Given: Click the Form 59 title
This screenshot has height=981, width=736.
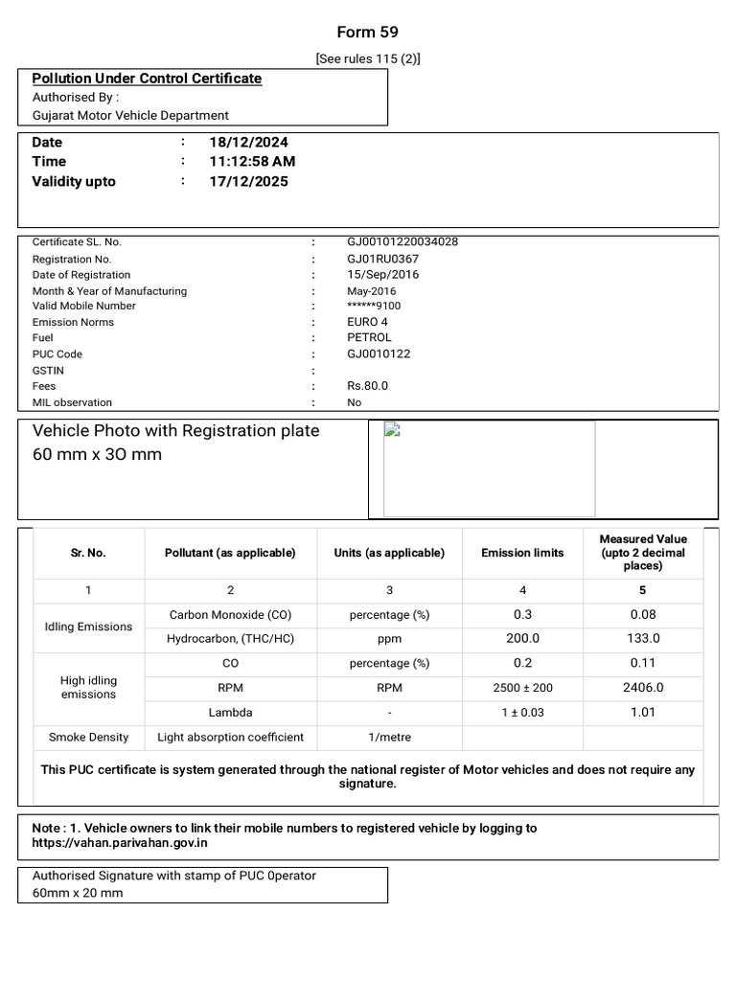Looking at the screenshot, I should [x=367, y=32].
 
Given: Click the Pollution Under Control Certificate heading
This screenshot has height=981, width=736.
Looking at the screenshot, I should [x=147, y=79].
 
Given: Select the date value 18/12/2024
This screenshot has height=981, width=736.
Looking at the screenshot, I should [x=248, y=142].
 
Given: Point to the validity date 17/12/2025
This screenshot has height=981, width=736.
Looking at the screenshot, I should [x=248, y=182].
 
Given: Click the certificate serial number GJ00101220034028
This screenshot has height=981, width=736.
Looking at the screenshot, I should [x=402, y=242].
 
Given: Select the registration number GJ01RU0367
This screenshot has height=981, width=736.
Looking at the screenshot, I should [x=382, y=259].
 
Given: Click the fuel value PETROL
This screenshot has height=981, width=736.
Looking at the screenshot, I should [x=369, y=338].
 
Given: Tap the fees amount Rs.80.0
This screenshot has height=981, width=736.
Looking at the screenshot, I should [x=367, y=386].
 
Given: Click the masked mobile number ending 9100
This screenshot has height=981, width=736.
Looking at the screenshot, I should [x=374, y=307].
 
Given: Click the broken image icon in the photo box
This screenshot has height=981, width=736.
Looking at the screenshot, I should [x=391, y=429].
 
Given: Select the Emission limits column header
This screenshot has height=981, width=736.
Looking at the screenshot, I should [x=522, y=553].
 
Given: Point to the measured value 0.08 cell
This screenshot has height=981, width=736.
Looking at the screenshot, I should [x=643, y=615].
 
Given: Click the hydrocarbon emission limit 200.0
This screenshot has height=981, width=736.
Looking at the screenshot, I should [x=522, y=639].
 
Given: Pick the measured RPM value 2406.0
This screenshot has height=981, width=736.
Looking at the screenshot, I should [x=643, y=688].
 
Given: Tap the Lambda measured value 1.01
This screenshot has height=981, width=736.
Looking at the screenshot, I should [x=643, y=712].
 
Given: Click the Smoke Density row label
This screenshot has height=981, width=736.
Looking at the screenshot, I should [x=88, y=738].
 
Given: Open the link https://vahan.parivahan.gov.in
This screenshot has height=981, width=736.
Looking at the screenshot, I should [x=120, y=844].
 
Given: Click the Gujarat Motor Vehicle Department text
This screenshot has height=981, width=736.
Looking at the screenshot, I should [x=130, y=115].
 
